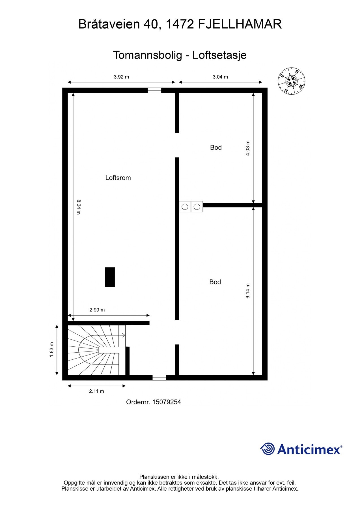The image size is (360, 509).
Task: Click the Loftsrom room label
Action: (118, 178)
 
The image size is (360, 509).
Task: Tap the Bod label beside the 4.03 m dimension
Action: (216, 147)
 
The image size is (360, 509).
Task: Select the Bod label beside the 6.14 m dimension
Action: (215, 282)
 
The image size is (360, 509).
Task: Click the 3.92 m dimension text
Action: (121, 77)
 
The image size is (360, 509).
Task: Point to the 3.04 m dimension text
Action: (220, 77)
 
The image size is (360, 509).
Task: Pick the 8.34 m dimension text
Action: (78, 207)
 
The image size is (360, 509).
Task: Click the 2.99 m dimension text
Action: (97, 310)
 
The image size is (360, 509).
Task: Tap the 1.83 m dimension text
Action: (52, 350)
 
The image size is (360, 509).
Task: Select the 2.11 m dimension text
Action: (96, 391)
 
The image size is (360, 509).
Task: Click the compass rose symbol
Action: (292, 81)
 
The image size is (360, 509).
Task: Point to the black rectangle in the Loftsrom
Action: (110, 277)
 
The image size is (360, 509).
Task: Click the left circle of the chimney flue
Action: (185, 207)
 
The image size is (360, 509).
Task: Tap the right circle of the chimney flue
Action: (197, 207)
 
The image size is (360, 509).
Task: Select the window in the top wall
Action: (154, 90)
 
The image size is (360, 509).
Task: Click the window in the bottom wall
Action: (159, 378)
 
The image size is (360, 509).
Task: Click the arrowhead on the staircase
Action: (124, 336)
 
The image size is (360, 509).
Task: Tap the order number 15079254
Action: (166, 402)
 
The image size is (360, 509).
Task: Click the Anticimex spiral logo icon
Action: (267, 449)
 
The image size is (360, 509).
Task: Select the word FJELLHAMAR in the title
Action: (240, 24)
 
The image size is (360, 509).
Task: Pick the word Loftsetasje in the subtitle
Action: (219, 55)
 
